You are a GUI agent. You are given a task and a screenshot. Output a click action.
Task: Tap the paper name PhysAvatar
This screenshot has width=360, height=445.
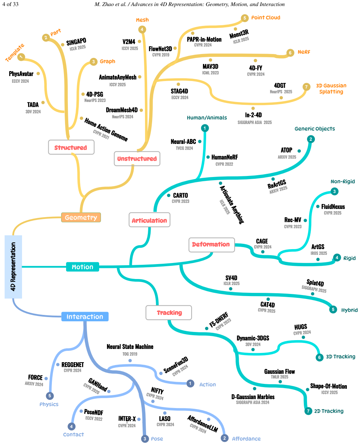21,73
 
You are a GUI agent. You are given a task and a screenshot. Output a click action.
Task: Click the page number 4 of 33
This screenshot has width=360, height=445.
10,4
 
